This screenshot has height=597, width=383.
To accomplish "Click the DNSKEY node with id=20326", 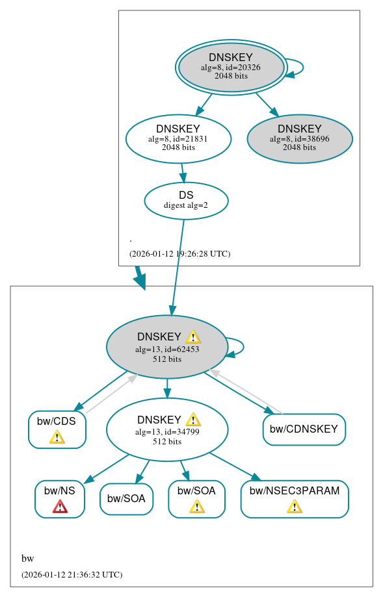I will coord(231,67).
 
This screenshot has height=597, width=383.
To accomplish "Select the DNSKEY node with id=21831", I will coord(178,138).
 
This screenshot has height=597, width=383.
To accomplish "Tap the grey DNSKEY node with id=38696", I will coord(300,138).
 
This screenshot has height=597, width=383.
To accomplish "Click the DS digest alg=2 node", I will coord(186,200).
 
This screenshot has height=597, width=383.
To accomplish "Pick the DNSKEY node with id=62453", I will coord(167,347).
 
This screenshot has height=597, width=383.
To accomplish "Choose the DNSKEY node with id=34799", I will coord(167,429).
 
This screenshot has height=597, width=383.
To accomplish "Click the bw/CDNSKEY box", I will coord(304,429).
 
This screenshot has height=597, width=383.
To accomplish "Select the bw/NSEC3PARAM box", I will coord(295,498).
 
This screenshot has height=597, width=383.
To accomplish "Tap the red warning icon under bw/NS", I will coord(60,506).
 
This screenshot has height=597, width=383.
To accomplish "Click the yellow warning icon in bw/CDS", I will coord(57,437).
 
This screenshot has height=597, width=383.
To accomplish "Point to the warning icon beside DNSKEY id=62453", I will coord(193,337).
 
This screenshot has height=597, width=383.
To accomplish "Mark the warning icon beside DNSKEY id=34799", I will coord(193,420).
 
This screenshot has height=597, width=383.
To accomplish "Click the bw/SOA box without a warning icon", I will coord(126,499).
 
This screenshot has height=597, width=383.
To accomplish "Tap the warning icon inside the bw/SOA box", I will coord(196,506).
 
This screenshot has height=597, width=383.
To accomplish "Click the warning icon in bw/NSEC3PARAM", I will coord(295,506).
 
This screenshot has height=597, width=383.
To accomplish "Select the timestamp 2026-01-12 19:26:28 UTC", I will coord(179,254).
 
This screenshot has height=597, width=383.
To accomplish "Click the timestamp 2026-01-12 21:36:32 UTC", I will coord(72,575).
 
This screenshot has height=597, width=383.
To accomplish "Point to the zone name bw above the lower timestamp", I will coord(27,559).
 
